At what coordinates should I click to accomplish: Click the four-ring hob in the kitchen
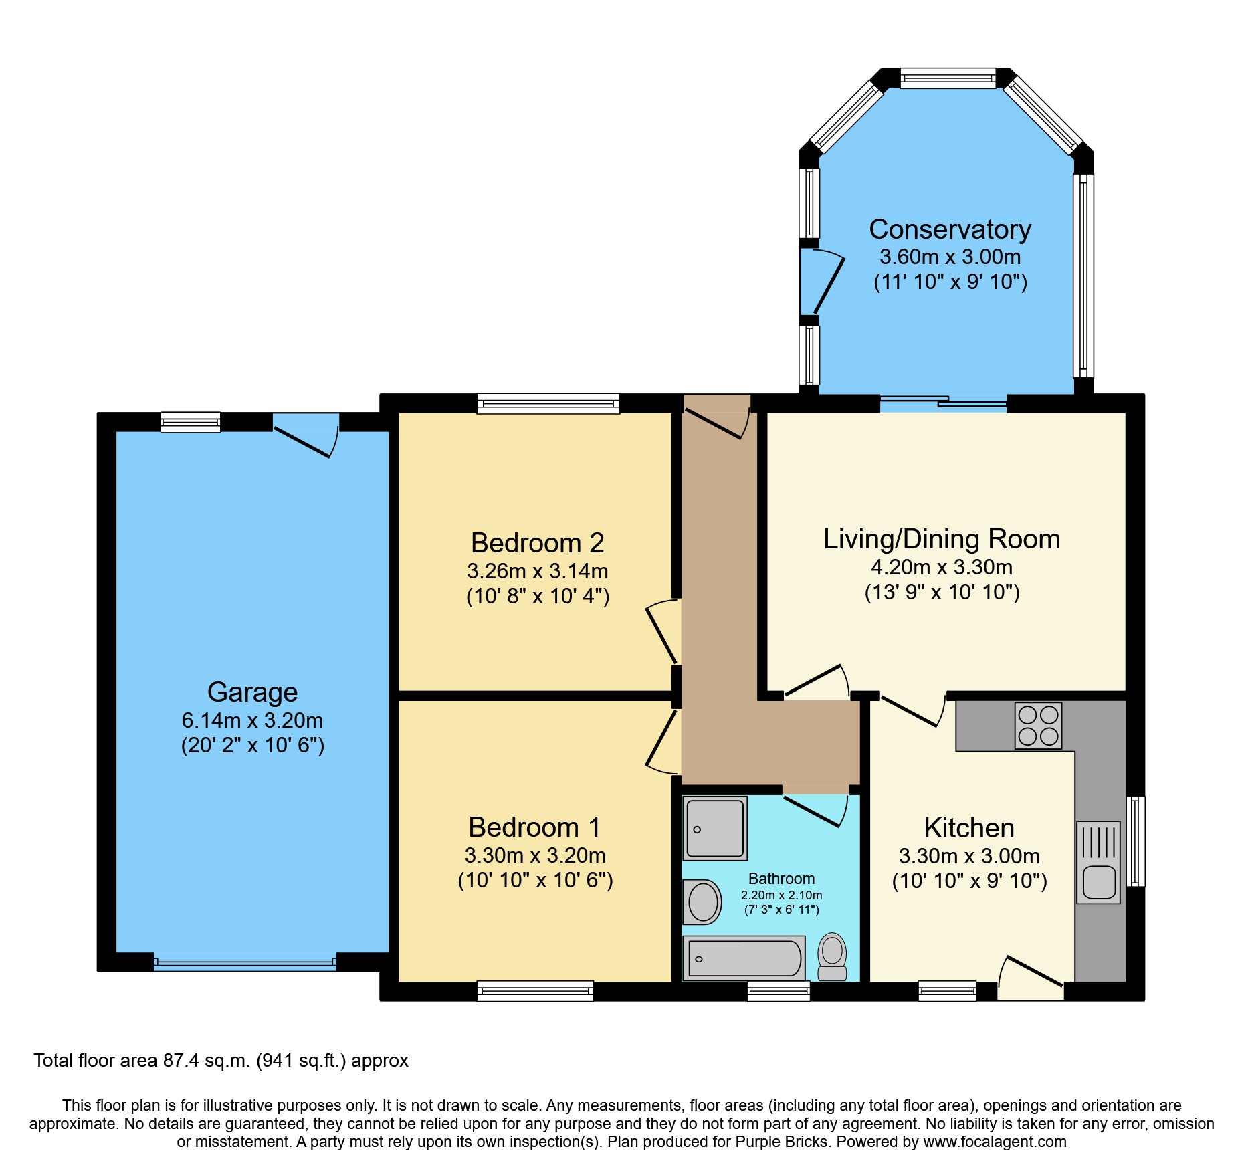1038,725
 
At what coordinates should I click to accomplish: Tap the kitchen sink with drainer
1098,863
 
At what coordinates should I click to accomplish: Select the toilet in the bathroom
832,956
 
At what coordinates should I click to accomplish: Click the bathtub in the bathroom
744,958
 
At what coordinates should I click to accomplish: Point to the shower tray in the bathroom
715,828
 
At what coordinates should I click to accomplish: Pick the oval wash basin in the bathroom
703,901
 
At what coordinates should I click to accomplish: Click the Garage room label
252,692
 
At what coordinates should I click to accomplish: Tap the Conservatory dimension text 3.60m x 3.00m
950,257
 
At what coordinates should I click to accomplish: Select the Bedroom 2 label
537,542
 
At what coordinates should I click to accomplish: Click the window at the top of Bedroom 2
548,403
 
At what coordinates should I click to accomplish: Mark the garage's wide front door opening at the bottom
245,963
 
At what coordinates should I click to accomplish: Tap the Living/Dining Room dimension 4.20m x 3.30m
941,567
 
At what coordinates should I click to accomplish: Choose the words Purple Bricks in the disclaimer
781,1142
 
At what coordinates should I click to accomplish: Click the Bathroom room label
781,879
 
